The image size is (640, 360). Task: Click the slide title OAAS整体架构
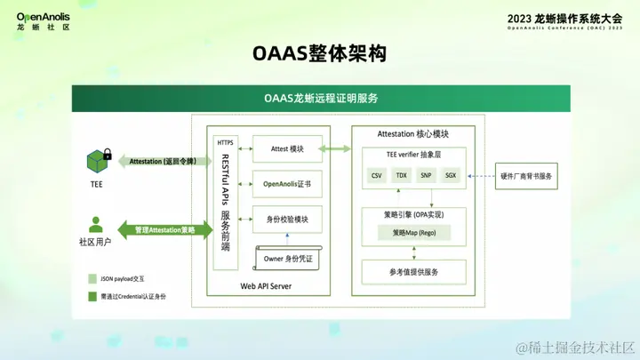(x=319, y=54)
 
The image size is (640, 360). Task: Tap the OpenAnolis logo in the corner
(x=44, y=20)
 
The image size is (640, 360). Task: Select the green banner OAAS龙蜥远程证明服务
(x=321, y=97)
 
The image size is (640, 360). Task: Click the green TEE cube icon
(x=97, y=161)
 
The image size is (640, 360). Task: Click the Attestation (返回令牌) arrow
(x=160, y=162)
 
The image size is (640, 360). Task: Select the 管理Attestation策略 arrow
(x=164, y=229)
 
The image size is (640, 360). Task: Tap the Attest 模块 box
(x=286, y=148)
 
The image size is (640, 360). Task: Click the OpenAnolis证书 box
(x=286, y=184)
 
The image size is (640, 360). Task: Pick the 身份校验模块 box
(x=286, y=219)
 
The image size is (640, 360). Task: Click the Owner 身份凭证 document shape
(x=287, y=258)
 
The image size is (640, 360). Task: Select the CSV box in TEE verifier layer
(x=377, y=176)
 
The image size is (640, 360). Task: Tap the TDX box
(x=402, y=176)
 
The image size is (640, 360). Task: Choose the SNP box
(x=427, y=176)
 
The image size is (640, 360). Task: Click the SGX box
(x=451, y=176)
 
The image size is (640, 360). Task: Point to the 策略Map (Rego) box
(x=414, y=233)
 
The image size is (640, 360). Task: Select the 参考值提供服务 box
(x=414, y=271)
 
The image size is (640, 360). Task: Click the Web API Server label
(x=266, y=286)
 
